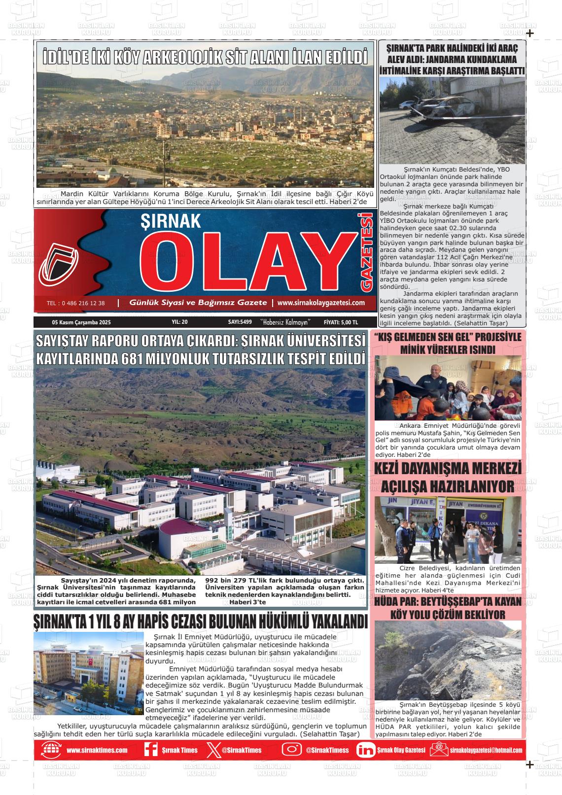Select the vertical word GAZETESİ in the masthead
366,251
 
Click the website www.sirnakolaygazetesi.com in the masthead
321,303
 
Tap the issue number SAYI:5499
240,322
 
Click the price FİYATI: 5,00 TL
341,322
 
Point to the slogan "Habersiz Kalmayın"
288,322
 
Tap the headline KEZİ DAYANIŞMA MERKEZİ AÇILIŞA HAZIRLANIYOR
448,477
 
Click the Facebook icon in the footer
150,750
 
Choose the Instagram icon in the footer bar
291,750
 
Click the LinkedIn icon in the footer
365,750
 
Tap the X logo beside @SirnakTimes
212,750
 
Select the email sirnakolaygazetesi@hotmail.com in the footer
486,750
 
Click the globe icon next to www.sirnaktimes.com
50,750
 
